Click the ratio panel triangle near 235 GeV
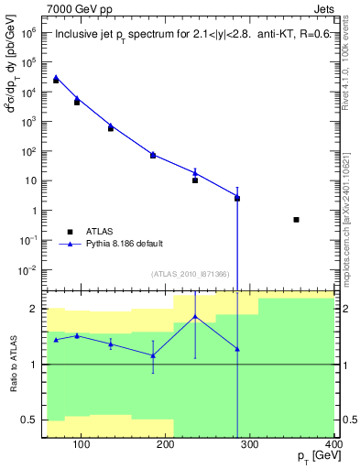click(195, 317)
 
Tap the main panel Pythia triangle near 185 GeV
click(153, 155)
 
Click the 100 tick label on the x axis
click(82, 446)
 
